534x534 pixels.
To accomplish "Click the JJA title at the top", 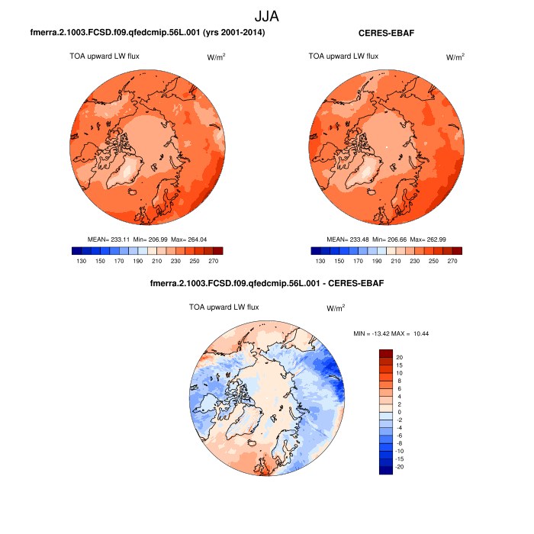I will click(x=267, y=14).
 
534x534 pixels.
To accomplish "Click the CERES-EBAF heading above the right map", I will click(x=385, y=34).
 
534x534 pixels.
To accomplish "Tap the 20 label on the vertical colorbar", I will click(x=400, y=356).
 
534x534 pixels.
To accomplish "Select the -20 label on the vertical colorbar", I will click(x=400, y=466).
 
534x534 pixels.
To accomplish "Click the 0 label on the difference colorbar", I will click(x=399, y=411).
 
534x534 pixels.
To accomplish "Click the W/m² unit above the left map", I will click(x=217, y=57).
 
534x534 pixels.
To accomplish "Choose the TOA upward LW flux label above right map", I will click(x=343, y=56).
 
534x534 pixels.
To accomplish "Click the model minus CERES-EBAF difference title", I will click(x=267, y=284).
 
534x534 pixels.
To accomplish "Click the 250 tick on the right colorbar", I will click(x=431, y=261).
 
